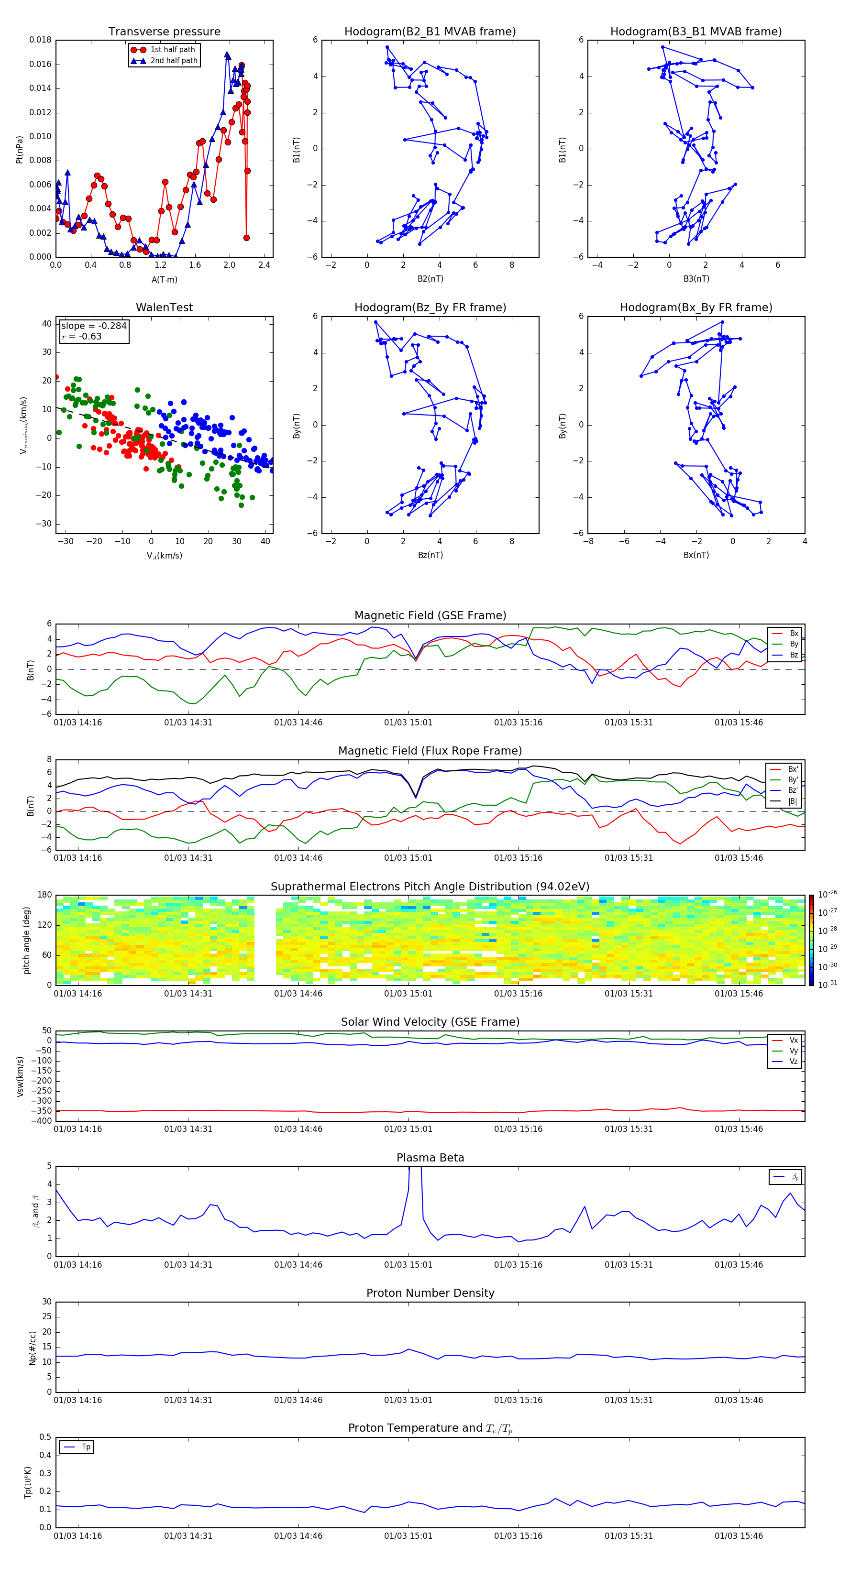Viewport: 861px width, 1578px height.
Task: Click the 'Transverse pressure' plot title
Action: tap(164, 32)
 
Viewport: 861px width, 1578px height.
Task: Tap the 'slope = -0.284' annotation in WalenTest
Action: tap(94, 326)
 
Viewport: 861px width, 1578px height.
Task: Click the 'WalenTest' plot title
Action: tap(164, 307)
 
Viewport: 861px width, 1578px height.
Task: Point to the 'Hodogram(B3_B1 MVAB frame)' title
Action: tap(695, 32)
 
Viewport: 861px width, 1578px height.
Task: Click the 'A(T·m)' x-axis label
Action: tap(164, 279)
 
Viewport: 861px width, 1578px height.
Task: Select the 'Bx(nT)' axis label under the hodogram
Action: tap(695, 555)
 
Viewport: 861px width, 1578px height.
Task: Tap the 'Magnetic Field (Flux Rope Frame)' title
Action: tap(430, 751)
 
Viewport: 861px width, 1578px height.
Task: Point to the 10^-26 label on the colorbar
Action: tap(827, 894)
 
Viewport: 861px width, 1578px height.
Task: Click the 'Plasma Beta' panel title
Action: tap(430, 1158)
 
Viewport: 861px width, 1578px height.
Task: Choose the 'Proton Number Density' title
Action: tap(430, 1293)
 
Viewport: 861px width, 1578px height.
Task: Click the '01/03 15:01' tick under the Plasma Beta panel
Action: tap(408, 1264)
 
